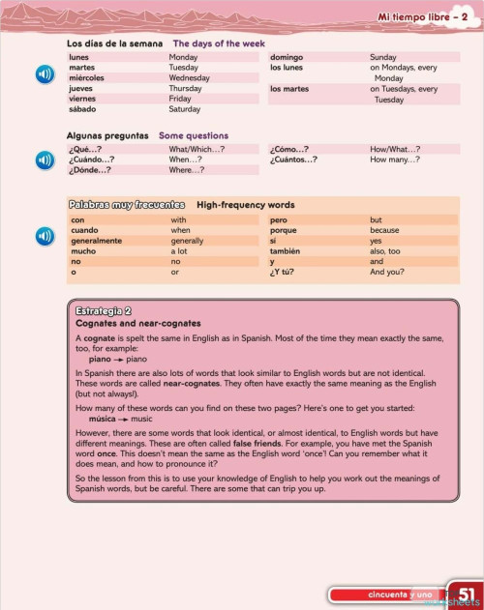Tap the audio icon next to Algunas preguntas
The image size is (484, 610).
pyautogui.click(x=45, y=159)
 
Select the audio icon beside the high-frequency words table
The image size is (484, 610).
pyautogui.click(x=45, y=236)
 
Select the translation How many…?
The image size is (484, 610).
pyautogui.click(x=395, y=160)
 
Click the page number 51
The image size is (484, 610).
pyautogui.click(x=466, y=593)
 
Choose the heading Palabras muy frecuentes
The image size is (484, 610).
pyautogui.click(x=126, y=205)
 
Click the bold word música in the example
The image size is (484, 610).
pyautogui.click(x=105, y=419)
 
